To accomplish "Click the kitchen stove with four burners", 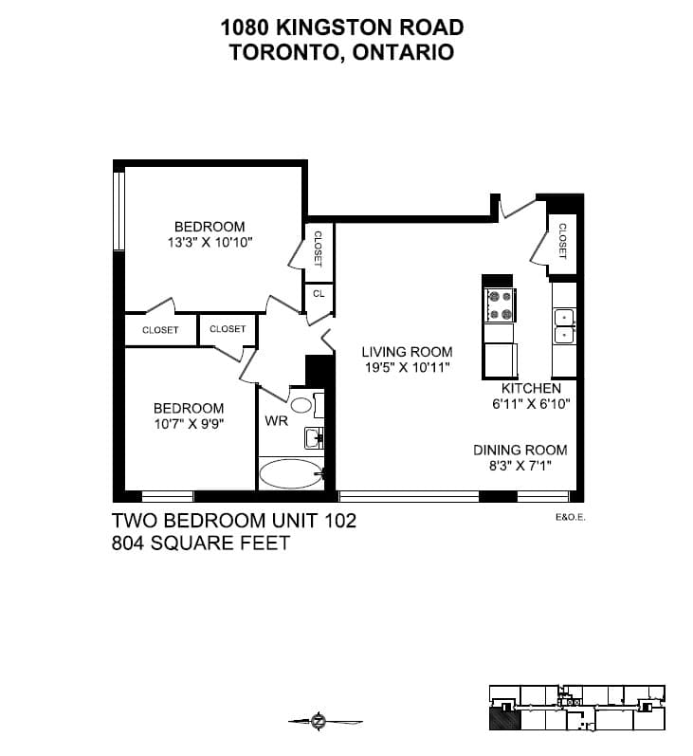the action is (501, 305).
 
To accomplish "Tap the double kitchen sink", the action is (564, 326).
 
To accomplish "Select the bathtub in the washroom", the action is (291, 473).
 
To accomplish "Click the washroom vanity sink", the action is (314, 438).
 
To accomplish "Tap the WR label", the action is (276, 421).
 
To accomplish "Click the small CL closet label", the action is (319, 294).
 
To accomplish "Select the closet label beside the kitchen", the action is (562, 241).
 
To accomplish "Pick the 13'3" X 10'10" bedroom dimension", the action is (210, 242).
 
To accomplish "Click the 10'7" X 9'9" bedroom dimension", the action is (190, 424).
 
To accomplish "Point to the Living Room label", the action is (408, 352).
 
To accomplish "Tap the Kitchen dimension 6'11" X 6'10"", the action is (531, 403).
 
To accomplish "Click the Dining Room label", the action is (520, 450).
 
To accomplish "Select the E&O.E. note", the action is (571, 517).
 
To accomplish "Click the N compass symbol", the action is (319, 721).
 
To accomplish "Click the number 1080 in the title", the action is (245, 28).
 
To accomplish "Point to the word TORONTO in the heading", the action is (287, 52).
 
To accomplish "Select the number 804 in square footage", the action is (128, 543).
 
